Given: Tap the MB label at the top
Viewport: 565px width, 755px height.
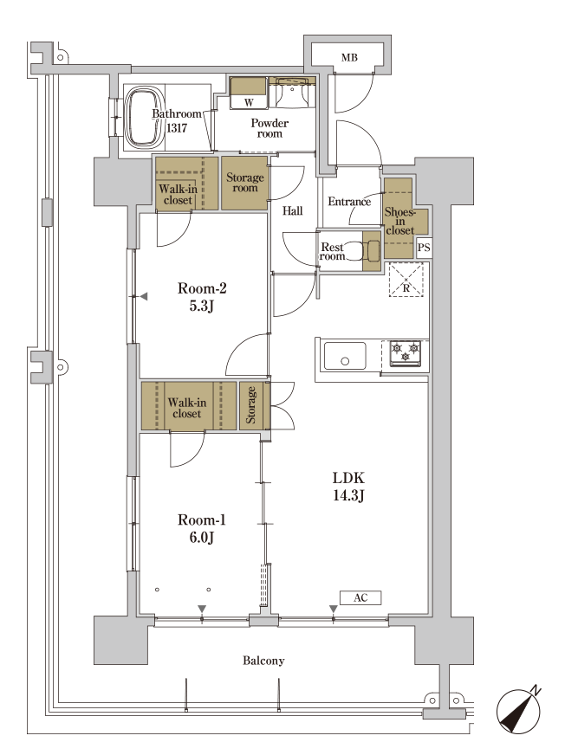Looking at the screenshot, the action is click(x=349, y=58).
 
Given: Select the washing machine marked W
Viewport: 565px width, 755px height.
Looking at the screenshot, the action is click(x=249, y=93).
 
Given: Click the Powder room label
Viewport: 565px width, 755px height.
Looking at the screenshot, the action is click(x=270, y=128).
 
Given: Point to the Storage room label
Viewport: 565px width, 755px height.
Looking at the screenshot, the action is click(x=245, y=183).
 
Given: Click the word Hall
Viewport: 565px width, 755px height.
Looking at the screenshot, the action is click(x=292, y=211).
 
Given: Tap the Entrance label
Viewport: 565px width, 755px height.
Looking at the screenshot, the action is click(x=349, y=202).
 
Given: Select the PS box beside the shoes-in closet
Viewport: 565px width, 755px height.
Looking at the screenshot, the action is click(x=424, y=248).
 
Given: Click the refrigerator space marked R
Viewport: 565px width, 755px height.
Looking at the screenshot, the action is click(x=406, y=280).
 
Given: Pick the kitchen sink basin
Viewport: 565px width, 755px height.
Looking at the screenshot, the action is click(x=345, y=356).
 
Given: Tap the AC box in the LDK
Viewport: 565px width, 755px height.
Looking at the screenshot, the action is click(x=360, y=598).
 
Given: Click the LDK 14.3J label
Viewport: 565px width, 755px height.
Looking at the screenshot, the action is click(x=348, y=487).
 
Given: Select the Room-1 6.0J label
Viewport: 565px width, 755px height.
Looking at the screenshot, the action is click(x=202, y=528).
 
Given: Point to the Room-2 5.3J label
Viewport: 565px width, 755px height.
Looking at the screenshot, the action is click(x=202, y=297).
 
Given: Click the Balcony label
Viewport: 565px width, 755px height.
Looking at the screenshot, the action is click(x=263, y=661).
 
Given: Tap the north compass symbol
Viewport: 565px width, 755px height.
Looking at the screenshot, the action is click(x=519, y=711).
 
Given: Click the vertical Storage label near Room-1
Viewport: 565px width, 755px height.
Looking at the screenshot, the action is click(x=250, y=405).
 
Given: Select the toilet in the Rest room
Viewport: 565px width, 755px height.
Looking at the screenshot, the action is click(x=369, y=250).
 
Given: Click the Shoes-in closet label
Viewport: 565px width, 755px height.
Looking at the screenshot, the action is click(x=399, y=222).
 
